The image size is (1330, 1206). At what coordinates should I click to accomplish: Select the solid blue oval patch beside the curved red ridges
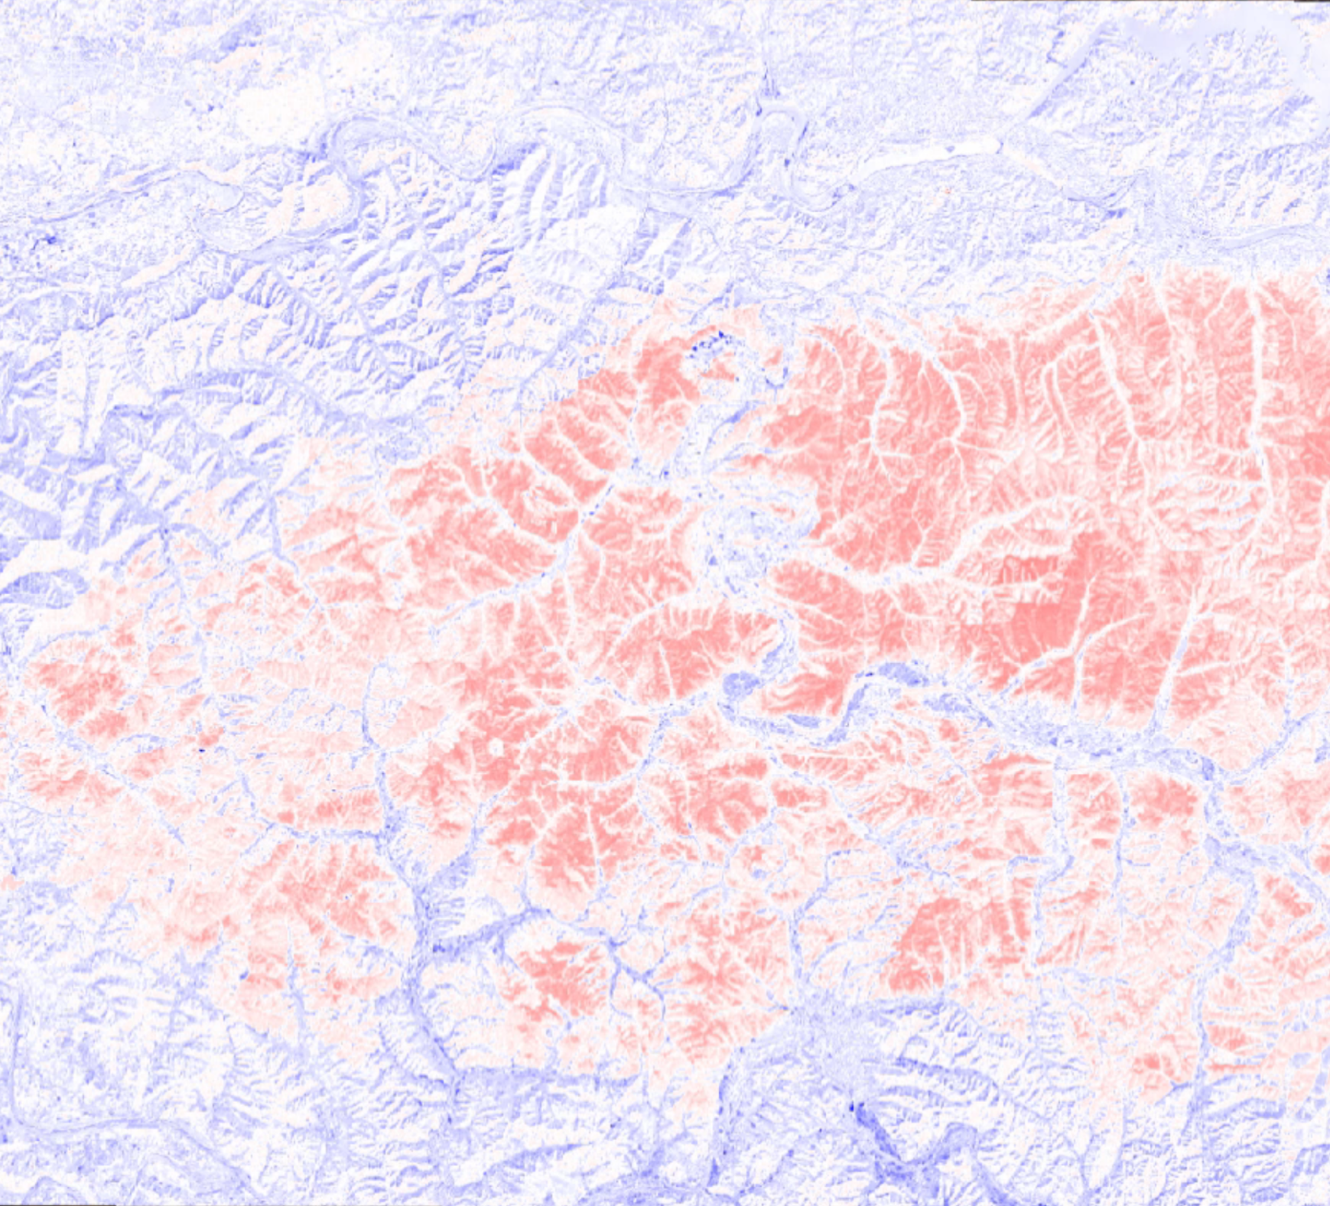(739, 683)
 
